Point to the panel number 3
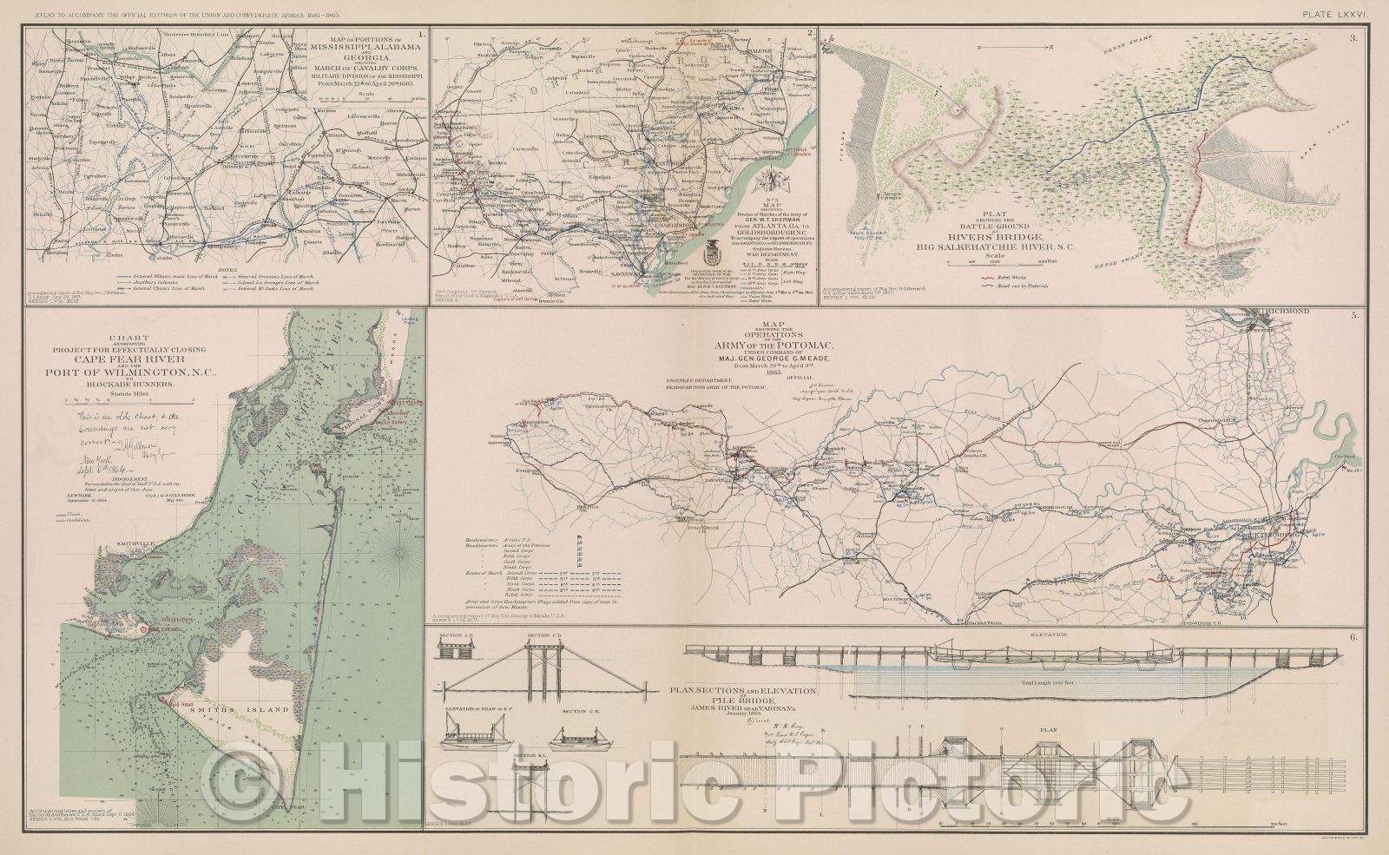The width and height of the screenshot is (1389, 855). click(1371, 38)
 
